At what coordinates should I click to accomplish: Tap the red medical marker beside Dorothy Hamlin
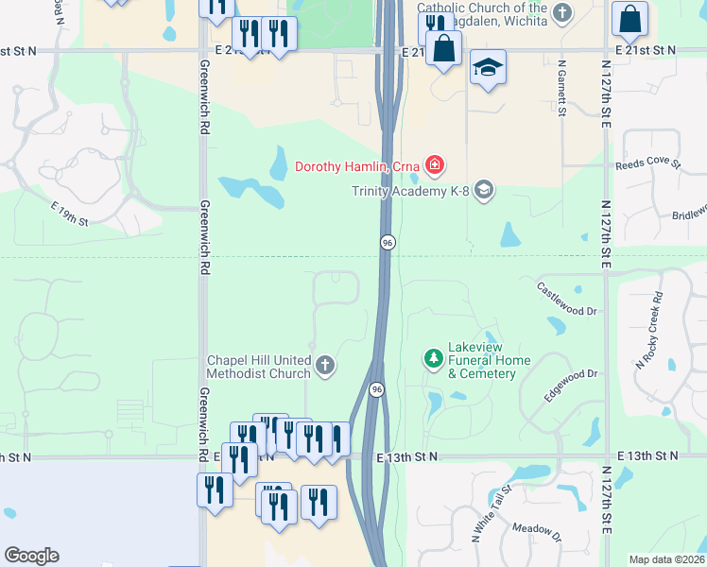pyautogui.click(x=434, y=166)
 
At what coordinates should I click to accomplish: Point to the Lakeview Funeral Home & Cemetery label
pyautogui.click(x=482, y=367)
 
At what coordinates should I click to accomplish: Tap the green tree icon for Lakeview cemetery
pyautogui.click(x=433, y=359)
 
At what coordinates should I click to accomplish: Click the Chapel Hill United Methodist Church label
pyautogui.click(x=259, y=367)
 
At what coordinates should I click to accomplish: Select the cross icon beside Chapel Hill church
pyautogui.click(x=325, y=366)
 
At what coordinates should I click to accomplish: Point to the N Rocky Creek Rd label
pyautogui.click(x=648, y=331)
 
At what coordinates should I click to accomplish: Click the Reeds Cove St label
pyautogui.click(x=647, y=163)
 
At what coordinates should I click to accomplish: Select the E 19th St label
pyautogui.click(x=69, y=215)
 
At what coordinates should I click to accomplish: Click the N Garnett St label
pyautogui.click(x=561, y=90)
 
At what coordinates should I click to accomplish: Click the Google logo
pyautogui.click(x=31, y=556)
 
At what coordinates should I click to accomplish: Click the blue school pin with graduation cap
pyautogui.click(x=489, y=68)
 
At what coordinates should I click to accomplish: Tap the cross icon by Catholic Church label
pyautogui.click(x=563, y=12)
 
